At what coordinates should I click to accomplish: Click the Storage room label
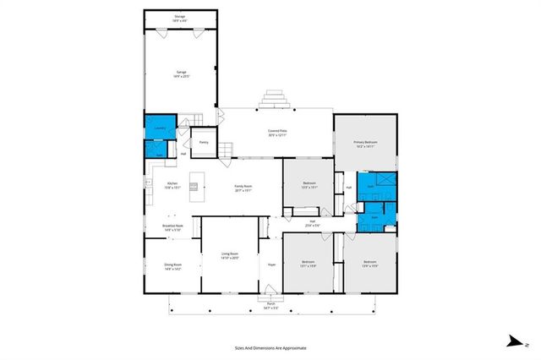(179, 18)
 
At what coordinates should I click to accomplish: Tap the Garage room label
(180, 74)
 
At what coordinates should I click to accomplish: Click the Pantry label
(204, 142)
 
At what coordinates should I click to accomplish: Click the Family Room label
(243, 188)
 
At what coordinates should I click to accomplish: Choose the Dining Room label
(172, 267)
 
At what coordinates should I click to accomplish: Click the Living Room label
(230, 255)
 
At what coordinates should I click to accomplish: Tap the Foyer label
(272, 265)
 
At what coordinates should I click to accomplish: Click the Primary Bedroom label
(364, 144)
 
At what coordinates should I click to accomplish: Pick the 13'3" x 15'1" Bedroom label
(309, 186)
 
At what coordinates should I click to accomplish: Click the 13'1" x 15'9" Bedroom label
(309, 264)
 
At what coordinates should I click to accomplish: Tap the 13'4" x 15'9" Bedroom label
(369, 264)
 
